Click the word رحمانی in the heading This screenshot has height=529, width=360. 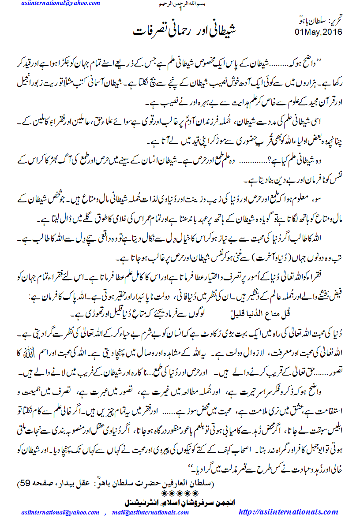click(179, 31)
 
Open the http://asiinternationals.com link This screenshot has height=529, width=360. click(288, 512)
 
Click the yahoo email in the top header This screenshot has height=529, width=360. click(60, 4)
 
